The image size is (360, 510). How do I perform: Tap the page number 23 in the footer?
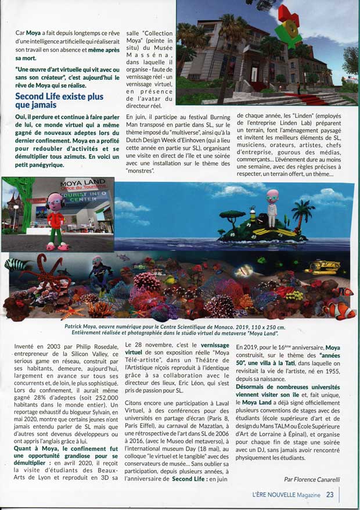(x=329, y=495)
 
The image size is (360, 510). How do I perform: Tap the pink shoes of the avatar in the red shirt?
(x=56, y=246)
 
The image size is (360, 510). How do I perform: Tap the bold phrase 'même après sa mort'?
(x=87, y=55)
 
